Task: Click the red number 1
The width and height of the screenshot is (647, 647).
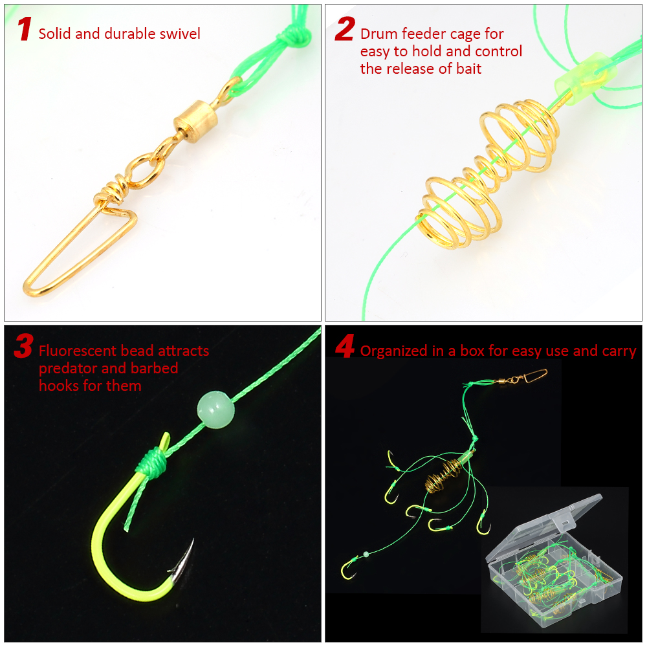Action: [25, 30]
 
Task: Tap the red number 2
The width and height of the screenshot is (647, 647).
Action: [345, 30]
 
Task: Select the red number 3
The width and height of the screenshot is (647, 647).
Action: [23, 347]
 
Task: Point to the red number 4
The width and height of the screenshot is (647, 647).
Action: [345, 347]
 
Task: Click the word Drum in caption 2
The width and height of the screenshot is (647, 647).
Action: [378, 34]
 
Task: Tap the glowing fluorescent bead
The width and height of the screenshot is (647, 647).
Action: [215, 410]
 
